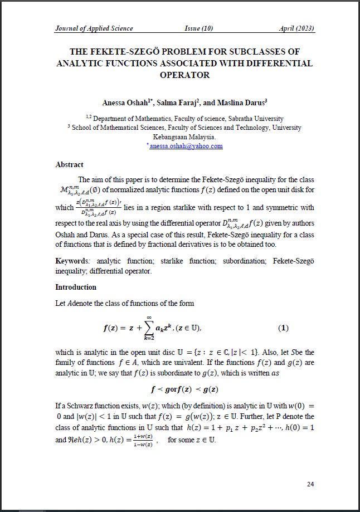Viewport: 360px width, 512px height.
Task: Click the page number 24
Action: tap(310, 484)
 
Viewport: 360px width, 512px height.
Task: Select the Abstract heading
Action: tap(69, 165)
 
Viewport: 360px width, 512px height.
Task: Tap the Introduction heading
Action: tap(76, 287)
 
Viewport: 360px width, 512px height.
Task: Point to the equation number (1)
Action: tap(283, 328)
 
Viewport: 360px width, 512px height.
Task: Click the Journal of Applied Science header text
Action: tap(94, 28)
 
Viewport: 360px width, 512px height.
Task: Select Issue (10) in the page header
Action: tap(199, 28)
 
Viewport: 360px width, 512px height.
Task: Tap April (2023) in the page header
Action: tap(296, 28)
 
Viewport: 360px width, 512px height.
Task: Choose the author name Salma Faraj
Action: tap(176, 103)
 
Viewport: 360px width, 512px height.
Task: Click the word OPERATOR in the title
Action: tap(184, 75)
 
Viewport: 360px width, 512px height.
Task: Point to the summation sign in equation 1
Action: tap(149, 327)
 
